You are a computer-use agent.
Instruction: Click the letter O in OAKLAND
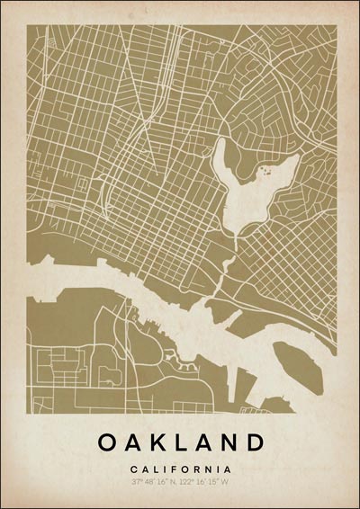[106, 442]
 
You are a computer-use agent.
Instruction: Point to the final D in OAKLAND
[255, 442]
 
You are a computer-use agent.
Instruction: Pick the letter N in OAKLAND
[230, 442]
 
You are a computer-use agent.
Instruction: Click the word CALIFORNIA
[180, 469]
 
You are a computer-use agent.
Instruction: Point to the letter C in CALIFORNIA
[133, 469]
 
